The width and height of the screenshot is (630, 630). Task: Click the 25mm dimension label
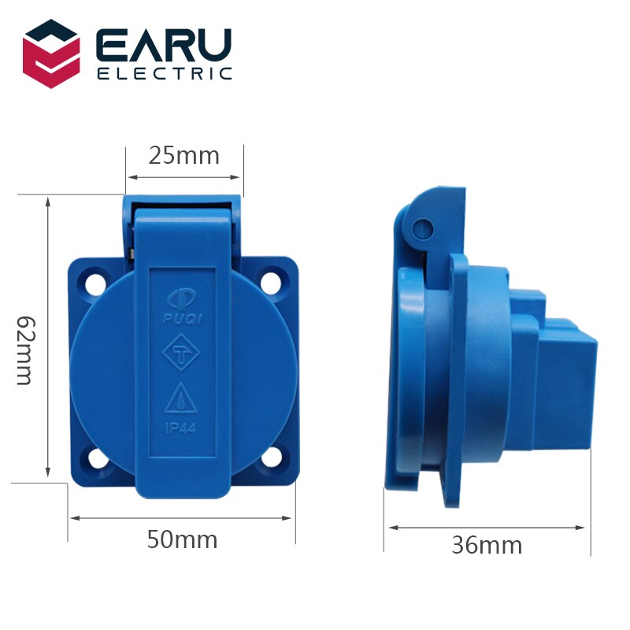184,155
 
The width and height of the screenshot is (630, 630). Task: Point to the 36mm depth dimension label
487,544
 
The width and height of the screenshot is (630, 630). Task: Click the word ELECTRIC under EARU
164,74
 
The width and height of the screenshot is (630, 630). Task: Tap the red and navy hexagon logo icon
51,54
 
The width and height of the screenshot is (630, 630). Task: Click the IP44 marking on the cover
182,429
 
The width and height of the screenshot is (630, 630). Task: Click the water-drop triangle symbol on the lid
182,398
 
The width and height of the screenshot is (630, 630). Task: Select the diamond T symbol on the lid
182,356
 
